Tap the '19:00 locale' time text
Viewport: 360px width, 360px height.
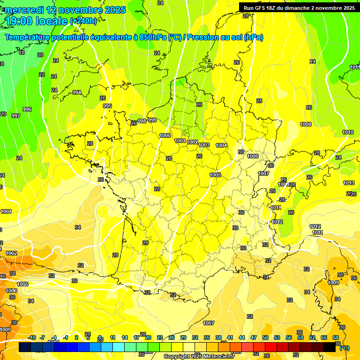[37, 21]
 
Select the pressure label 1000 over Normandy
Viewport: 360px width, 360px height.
[165, 135]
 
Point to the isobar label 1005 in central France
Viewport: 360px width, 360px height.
[215, 175]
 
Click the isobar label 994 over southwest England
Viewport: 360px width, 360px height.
[77, 92]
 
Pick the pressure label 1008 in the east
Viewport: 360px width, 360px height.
[306, 124]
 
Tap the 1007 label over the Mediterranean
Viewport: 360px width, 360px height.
[209, 323]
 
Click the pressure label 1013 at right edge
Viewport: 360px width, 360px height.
[348, 183]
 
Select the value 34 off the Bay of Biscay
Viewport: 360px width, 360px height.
[77, 227]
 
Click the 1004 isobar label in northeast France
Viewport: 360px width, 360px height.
[221, 145]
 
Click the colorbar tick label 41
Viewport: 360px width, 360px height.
[230, 337]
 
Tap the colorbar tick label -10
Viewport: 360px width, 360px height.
[32, 337]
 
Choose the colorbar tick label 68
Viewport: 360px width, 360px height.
[336, 337]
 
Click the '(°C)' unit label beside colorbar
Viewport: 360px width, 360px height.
[345, 348]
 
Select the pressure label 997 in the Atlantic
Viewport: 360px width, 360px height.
[16, 115]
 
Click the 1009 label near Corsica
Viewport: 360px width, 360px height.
[333, 283]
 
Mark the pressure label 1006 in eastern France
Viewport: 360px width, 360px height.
[253, 156]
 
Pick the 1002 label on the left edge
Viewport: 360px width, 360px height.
[11, 253]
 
